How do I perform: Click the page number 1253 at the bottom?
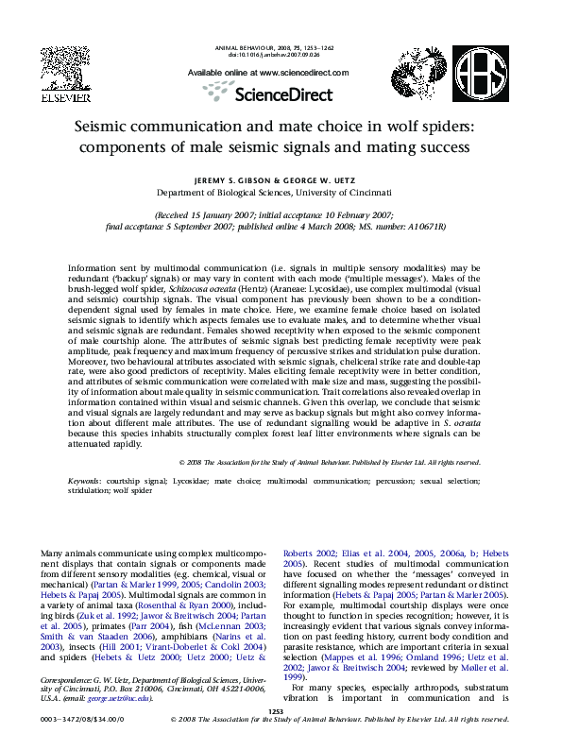click(x=276, y=711)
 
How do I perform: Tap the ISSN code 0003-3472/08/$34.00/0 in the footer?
click(x=77, y=720)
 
